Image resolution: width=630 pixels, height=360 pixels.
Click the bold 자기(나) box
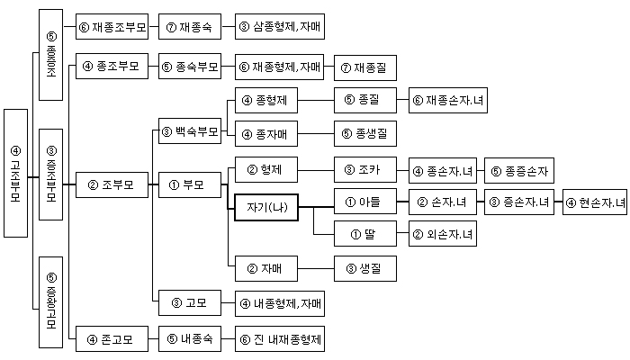266,207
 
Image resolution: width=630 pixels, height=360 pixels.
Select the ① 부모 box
188,186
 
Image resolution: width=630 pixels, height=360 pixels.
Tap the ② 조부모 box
111,186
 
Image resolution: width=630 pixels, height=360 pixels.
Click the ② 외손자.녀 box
443,234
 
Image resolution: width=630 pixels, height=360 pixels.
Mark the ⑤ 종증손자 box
520,168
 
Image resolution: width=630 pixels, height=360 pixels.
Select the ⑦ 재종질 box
365,67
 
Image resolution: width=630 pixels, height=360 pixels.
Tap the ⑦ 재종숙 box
188,26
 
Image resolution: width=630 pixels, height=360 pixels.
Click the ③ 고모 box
188,302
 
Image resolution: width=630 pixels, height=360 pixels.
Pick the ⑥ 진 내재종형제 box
279,340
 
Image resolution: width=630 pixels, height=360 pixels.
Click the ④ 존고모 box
111,340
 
